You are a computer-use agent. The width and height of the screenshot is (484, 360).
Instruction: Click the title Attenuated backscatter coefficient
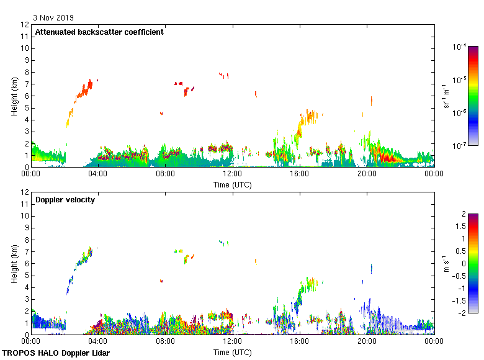tap(99, 32)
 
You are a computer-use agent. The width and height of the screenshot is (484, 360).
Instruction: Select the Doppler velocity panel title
tap(65, 199)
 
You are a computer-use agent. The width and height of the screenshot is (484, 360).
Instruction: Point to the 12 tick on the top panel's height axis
tap(25, 25)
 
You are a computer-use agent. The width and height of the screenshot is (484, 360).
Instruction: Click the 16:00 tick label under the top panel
tap(300, 174)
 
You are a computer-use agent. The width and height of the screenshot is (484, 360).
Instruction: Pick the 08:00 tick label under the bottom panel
tap(165, 342)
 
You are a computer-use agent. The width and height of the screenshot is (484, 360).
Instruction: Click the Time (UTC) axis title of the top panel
tap(232, 184)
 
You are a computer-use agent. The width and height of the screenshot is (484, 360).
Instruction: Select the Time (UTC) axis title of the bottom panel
tap(232, 352)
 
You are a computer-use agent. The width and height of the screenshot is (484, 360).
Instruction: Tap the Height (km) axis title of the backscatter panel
tap(14, 96)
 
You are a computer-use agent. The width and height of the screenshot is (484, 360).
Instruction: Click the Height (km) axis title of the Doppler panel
tap(14, 263)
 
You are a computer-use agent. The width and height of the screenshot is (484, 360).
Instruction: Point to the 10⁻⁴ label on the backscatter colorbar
tap(460, 47)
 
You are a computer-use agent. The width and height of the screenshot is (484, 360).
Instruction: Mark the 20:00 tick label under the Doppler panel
tap(367, 342)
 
